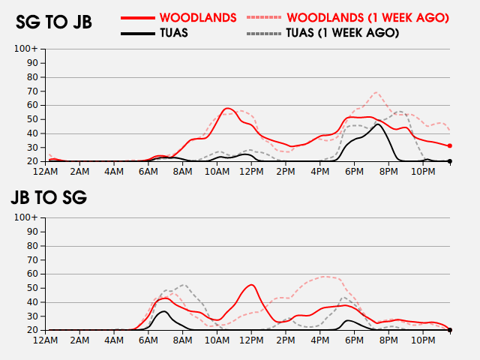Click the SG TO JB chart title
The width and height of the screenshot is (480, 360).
(53, 22)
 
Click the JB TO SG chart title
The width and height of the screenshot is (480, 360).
(48, 198)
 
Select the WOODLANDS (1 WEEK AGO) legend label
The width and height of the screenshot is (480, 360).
(367, 17)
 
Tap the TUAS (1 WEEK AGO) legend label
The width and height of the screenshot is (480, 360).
(342, 33)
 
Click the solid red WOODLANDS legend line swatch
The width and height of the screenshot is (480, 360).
(138, 17)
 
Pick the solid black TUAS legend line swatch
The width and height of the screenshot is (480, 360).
(138, 33)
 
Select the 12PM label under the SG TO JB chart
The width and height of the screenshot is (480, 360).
(250, 172)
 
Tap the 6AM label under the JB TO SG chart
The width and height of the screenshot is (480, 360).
(148, 340)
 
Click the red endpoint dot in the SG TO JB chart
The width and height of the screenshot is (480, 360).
(450, 145)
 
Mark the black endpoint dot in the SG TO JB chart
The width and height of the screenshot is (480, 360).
(450, 161)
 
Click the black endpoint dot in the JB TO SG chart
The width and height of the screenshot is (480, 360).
(450, 330)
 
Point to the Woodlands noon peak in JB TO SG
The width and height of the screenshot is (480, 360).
(250, 285)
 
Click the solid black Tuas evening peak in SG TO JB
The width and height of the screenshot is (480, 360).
(379, 124)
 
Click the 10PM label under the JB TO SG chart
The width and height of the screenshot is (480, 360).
(422, 340)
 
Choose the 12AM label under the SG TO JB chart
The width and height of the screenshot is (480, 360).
(46, 172)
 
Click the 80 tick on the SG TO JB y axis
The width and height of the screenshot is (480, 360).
(32, 77)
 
